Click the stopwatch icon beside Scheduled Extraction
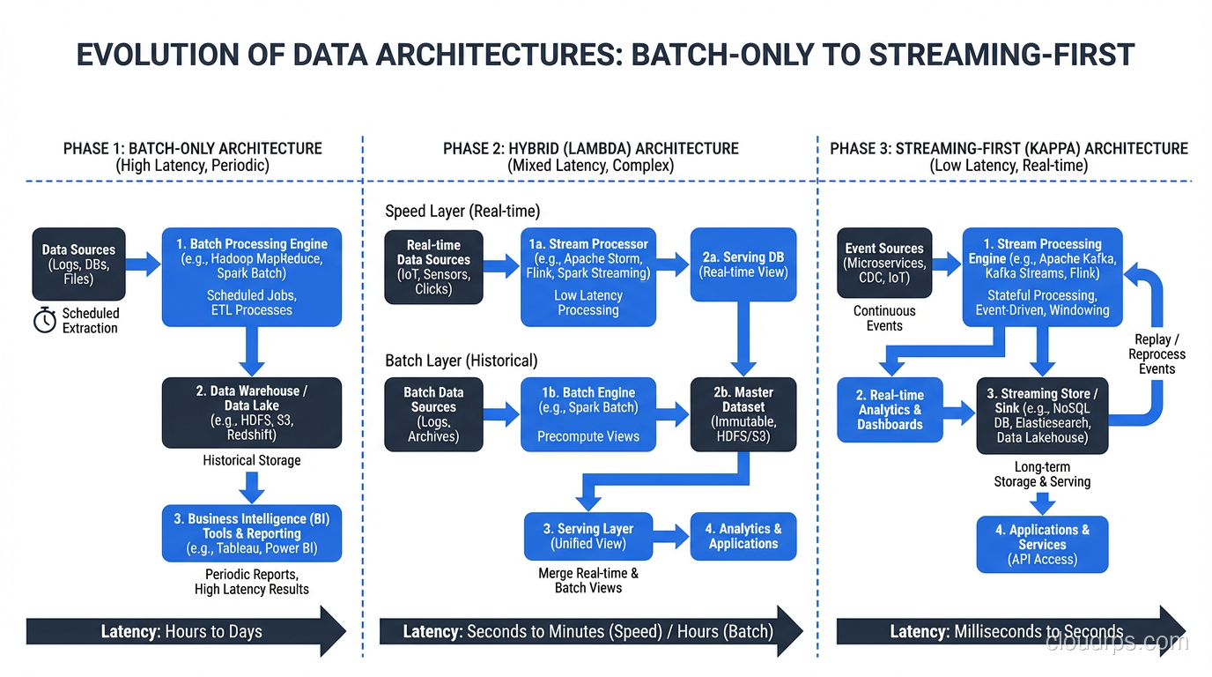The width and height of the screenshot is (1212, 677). tap(45, 321)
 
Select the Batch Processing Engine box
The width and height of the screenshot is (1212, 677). tap(252, 277)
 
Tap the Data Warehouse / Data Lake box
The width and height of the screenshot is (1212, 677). tap(252, 413)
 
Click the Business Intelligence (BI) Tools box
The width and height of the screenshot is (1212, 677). tap(252, 533)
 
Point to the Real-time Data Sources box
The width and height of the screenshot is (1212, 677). tap(433, 267)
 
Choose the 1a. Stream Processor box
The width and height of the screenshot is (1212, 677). tap(588, 277)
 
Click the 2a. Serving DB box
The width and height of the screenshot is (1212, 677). tap(743, 264)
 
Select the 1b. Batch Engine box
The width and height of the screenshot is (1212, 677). tap(588, 414)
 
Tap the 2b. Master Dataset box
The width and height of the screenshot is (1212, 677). tap(743, 414)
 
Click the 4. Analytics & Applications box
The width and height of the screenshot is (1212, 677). tap(743, 536)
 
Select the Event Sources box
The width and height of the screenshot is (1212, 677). tap(883, 264)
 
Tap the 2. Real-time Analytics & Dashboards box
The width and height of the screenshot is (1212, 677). tap(890, 410)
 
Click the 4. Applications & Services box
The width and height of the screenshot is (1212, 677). tap(1043, 544)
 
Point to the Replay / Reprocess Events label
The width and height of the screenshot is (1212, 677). tap(1157, 354)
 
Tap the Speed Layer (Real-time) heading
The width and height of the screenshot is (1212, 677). tap(462, 212)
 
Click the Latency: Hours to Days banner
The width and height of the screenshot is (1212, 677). tap(185, 631)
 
